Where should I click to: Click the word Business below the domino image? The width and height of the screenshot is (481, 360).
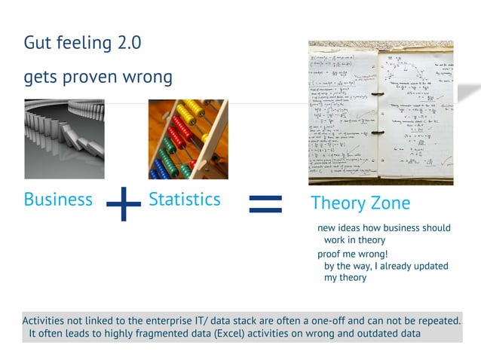[x=58, y=200]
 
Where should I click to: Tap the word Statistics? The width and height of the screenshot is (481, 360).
[x=185, y=200]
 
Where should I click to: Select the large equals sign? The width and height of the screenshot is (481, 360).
[x=265, y=202]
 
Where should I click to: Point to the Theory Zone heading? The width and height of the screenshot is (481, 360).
[x=360, y=203]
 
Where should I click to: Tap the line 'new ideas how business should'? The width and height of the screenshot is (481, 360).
[x=384, y=228]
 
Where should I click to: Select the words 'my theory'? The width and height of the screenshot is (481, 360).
[x=345, y=278]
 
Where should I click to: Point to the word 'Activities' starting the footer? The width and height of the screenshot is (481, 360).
[x=49, y=321]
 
